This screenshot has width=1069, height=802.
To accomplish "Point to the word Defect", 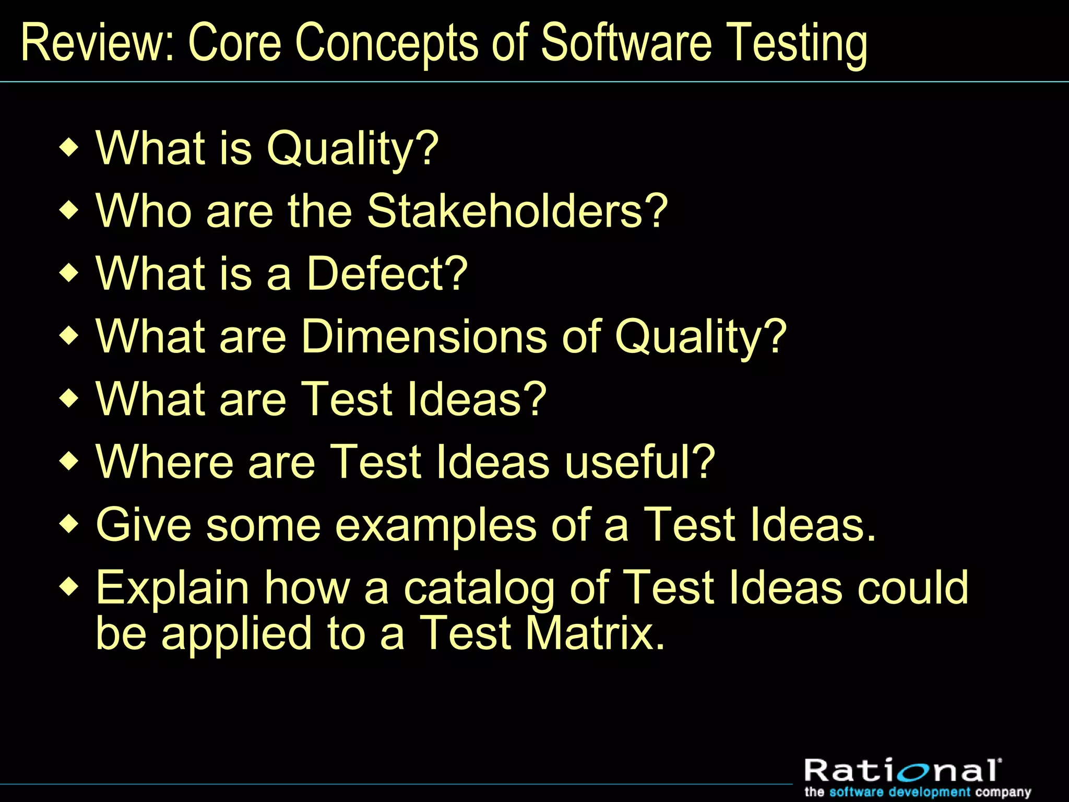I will point(386,274).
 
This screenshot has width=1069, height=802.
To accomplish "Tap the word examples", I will point(435,525).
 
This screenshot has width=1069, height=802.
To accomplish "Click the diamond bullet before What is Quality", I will point(69,148).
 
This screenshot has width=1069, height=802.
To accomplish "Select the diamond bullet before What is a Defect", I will point(69,273).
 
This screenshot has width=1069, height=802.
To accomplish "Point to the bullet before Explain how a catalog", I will point(69,587).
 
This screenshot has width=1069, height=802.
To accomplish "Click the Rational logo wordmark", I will point(902,770).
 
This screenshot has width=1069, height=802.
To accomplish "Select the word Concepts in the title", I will point(386,44).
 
